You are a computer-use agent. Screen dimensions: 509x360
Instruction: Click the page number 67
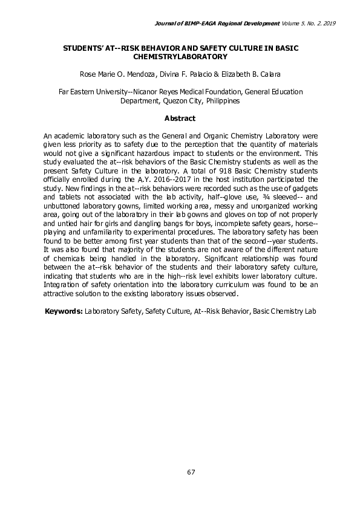(x=191, y=472)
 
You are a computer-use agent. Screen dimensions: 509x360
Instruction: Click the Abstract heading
(x=180, y=118)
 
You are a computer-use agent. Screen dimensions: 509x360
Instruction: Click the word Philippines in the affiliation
(x=223, y=101)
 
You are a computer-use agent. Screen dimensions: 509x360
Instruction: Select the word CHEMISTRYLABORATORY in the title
(x=180, y=56)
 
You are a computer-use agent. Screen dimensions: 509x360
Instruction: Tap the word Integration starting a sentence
(x=65, y=285)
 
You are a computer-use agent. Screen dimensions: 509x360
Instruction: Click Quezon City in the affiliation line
(x=181, y=101)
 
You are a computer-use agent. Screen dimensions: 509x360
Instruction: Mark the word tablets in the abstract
(x=68, y=196)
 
